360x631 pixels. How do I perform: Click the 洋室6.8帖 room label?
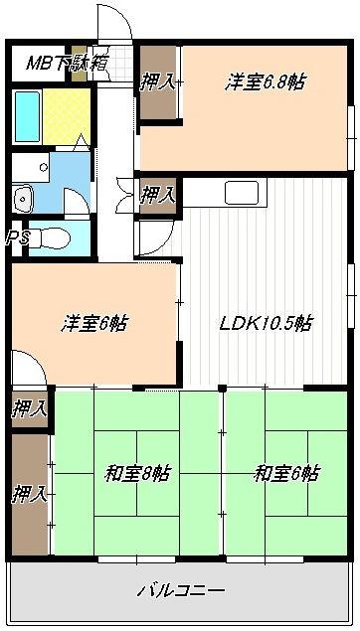[x=264, y=82]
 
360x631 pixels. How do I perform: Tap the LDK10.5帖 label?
[x=267, y=322]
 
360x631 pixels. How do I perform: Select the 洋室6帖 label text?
[x=96, y=323]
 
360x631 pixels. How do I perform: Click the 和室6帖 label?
[x=285, y=473]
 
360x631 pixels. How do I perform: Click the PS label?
[x=16, y=237]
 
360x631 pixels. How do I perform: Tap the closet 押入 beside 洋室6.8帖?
[x=158, y=83]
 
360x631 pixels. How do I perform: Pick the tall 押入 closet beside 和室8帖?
[x=30, y=493]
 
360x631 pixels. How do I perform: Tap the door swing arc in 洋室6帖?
[x=30, y=370]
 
